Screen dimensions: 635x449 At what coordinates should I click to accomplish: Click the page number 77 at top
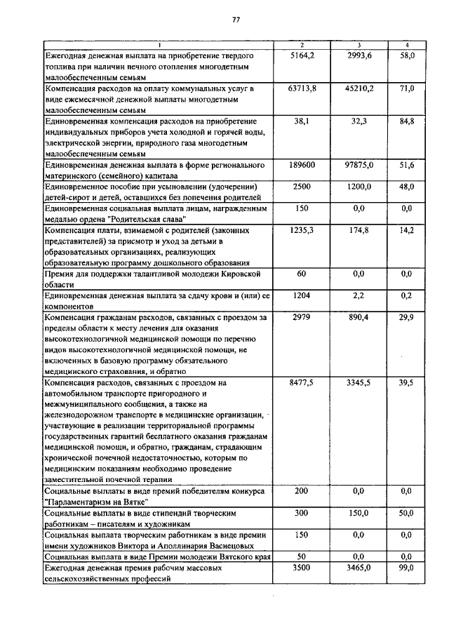coord(236,20)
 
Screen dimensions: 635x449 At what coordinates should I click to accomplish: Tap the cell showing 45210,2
coord(359,88)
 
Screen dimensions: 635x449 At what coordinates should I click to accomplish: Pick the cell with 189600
coord(302,165)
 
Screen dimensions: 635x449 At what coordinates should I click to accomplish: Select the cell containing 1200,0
coord(359,187)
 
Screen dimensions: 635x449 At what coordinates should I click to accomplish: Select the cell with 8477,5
coord(302,382)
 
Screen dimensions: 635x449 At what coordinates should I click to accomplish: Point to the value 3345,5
coord(359,382)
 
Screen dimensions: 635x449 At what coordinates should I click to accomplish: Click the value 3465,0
coord(359,568)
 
